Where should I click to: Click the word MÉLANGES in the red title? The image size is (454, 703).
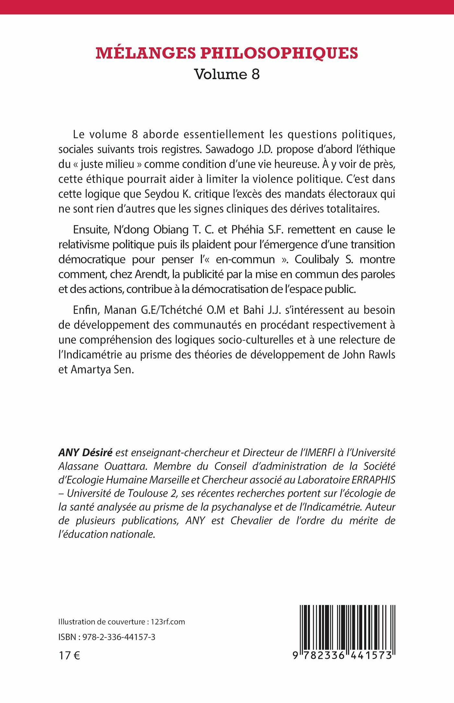(x=146, y=53)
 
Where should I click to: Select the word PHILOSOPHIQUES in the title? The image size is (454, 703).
(x=279, y=53)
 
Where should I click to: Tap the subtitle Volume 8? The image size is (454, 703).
(x=227, y=74)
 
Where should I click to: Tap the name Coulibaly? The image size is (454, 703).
(x=317, y=259)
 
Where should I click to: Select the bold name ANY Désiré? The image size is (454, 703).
(x=85, y=452)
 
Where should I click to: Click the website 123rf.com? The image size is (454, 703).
(x=168, y=622)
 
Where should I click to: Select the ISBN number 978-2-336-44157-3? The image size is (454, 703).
(x=119, y=637)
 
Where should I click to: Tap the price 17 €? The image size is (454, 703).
(x=69, y=655)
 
